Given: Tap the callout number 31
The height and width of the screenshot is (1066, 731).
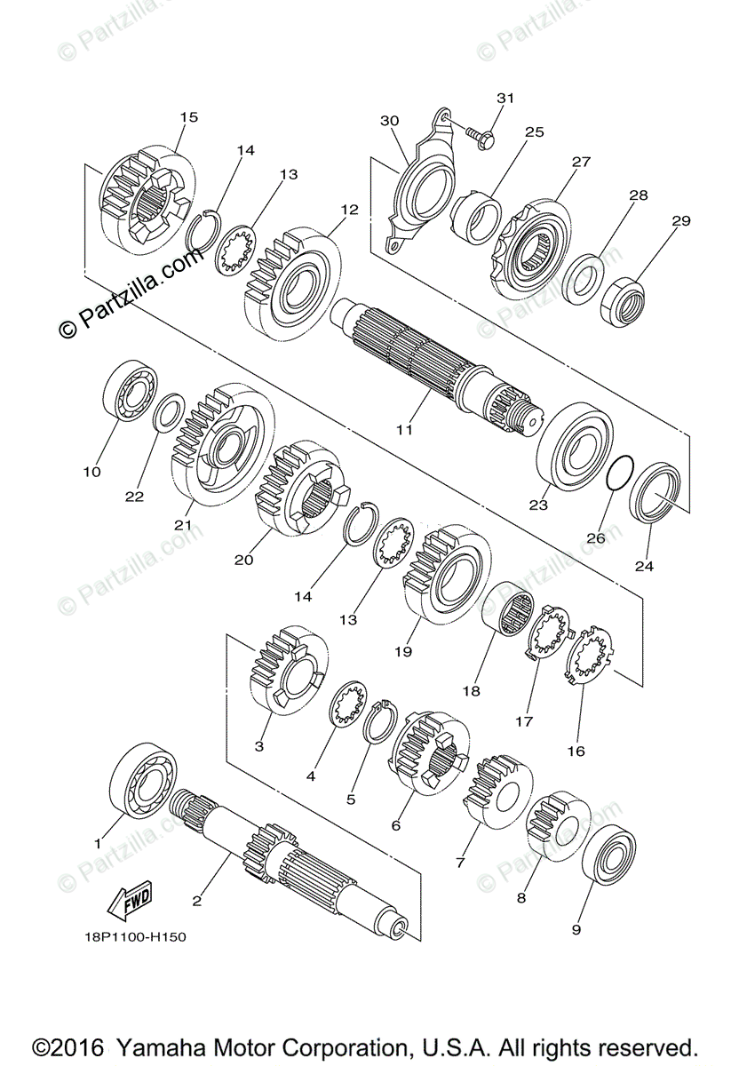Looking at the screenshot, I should (505, 98).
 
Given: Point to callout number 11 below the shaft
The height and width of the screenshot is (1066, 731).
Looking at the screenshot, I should (404, 430).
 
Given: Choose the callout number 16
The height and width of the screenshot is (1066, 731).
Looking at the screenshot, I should (576, 751).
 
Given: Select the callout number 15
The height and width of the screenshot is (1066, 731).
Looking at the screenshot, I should (188, 117).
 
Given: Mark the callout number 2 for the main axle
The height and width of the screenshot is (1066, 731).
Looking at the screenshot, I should (196, 900).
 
